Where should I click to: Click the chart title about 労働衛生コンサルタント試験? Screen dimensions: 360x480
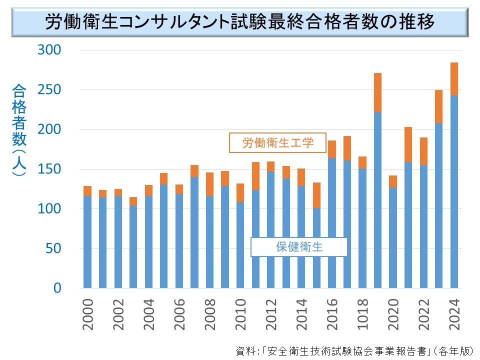tap(240, 22)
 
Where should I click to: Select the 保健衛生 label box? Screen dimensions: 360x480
tap(298, 246)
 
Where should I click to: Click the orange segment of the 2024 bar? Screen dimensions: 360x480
tap(454, 79)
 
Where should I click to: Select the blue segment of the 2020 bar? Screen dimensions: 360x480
tap(393, 237)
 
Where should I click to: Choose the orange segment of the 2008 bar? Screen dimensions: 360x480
tap(210, 184)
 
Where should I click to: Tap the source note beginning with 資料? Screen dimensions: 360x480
tap(354, 350)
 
